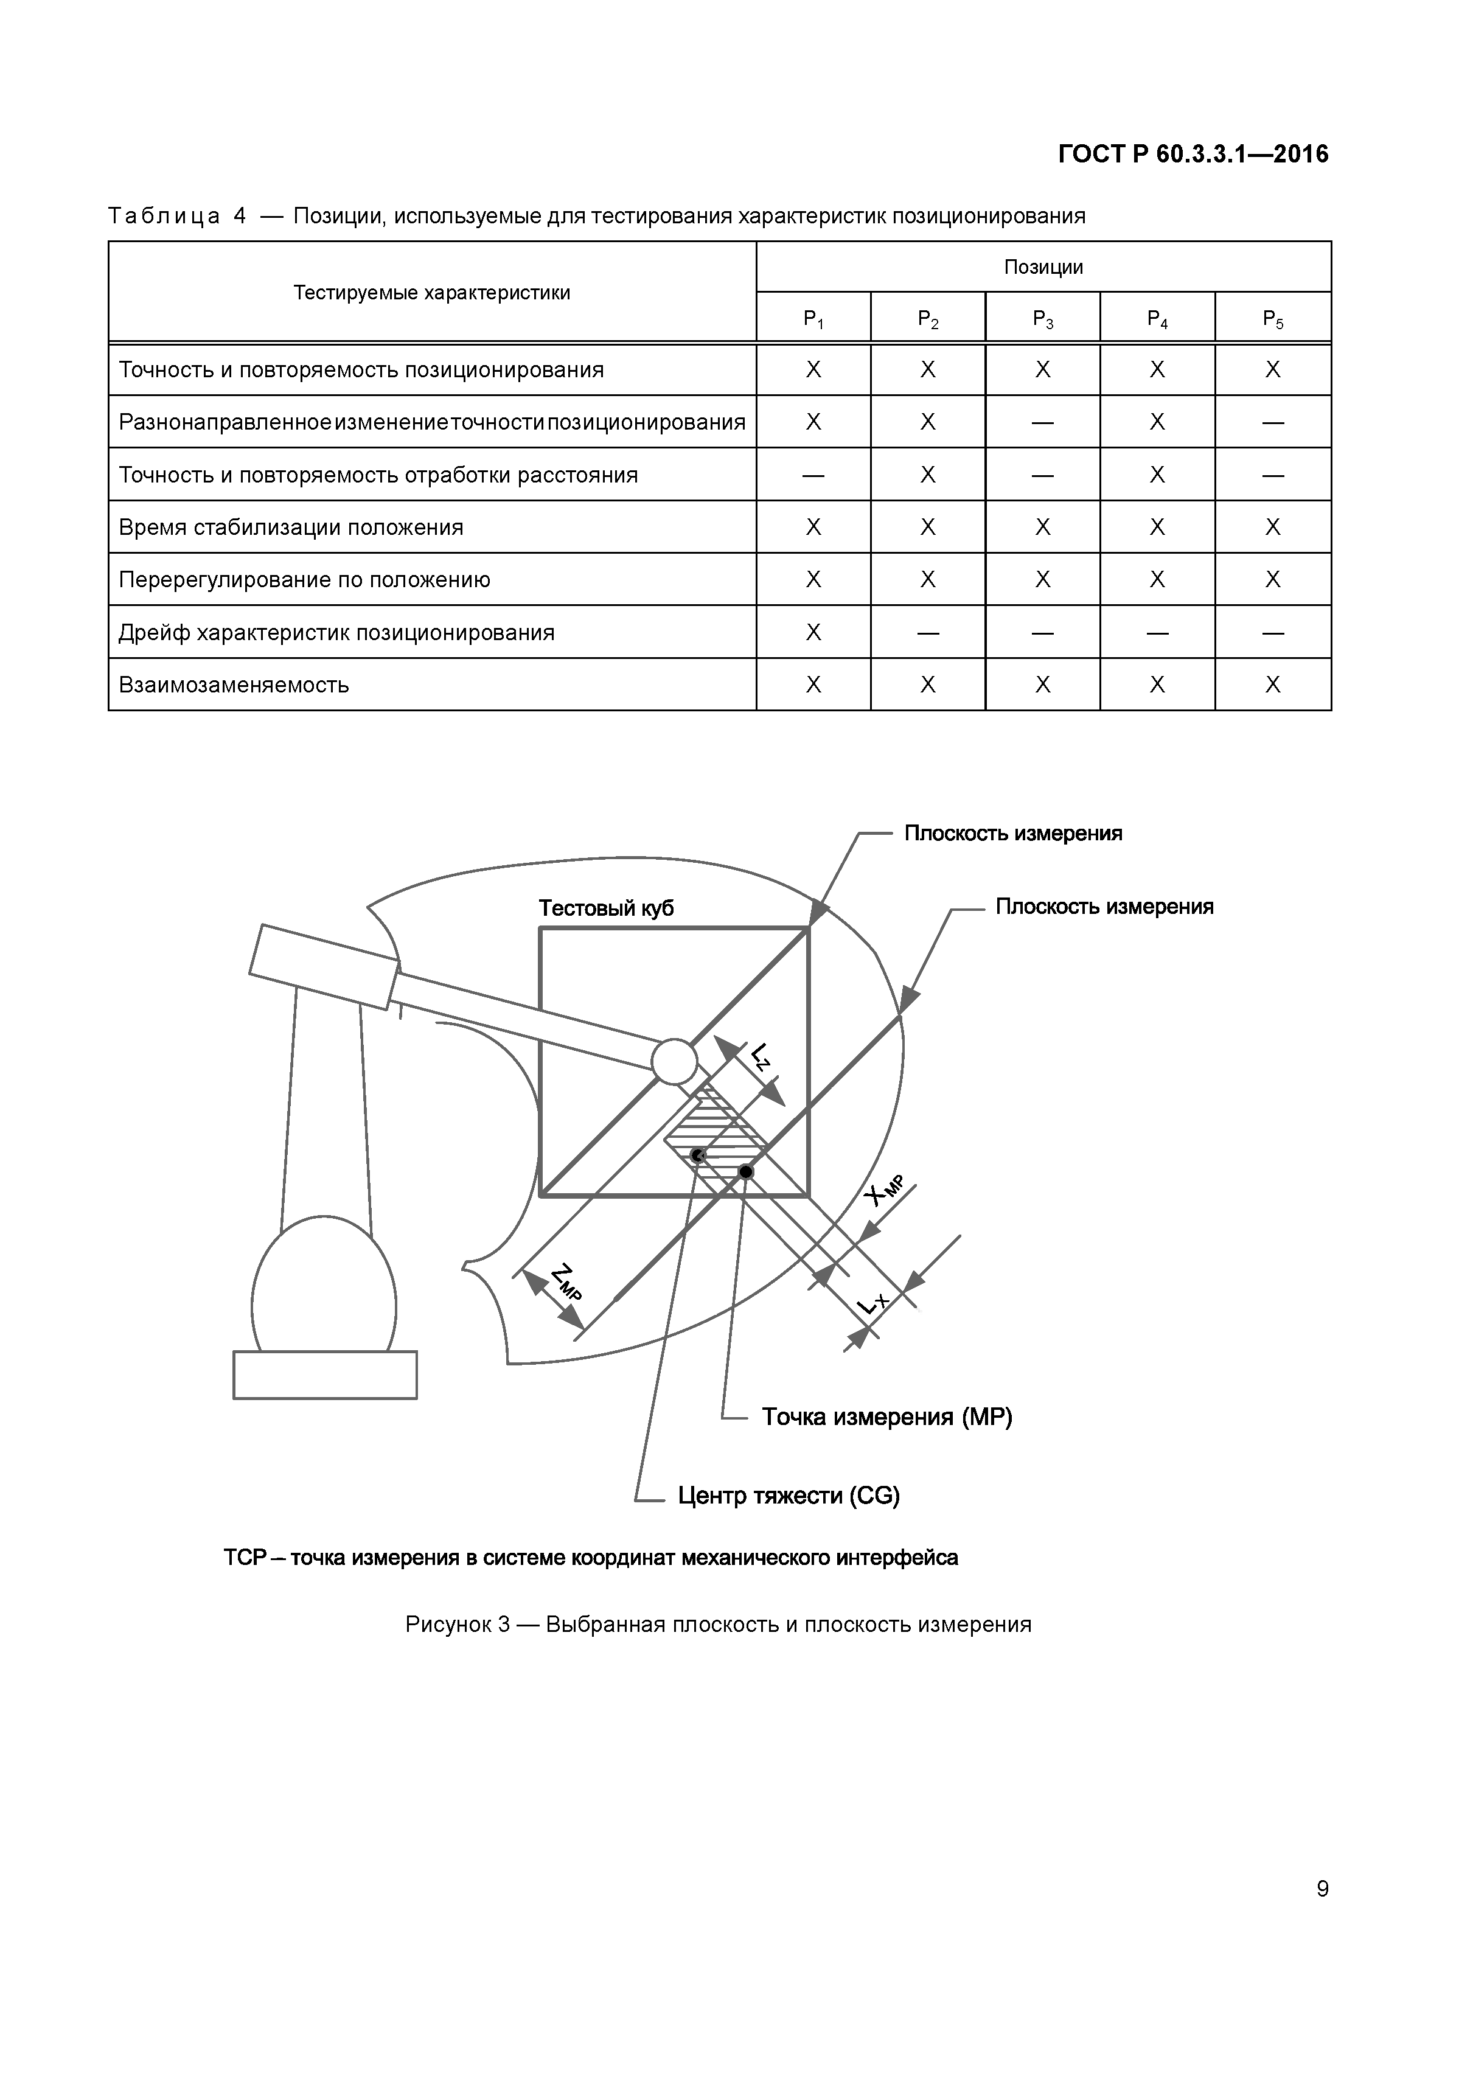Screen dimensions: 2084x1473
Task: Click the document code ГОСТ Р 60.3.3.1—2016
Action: tap(1192, 155)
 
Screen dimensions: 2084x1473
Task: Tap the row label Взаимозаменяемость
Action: tap(234, 685)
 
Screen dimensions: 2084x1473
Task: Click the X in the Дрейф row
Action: tap(813, 632)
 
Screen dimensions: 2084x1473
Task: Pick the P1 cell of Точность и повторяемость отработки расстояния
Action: tap(813, 475)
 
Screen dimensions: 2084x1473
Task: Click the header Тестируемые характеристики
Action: tap(432, 292)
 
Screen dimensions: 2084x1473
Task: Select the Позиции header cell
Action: tap(1043, 267)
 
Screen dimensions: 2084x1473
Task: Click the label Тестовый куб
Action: tap(606, 908)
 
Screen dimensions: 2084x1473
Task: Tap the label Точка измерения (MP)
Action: tap(886, 1417)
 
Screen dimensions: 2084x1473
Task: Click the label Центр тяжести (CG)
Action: tap(789, 1496)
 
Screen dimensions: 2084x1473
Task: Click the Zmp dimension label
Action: tap(565, 1283)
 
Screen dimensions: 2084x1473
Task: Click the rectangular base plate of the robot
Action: tap(325, 1374)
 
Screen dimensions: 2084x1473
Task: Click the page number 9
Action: tap(1322, 1889)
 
